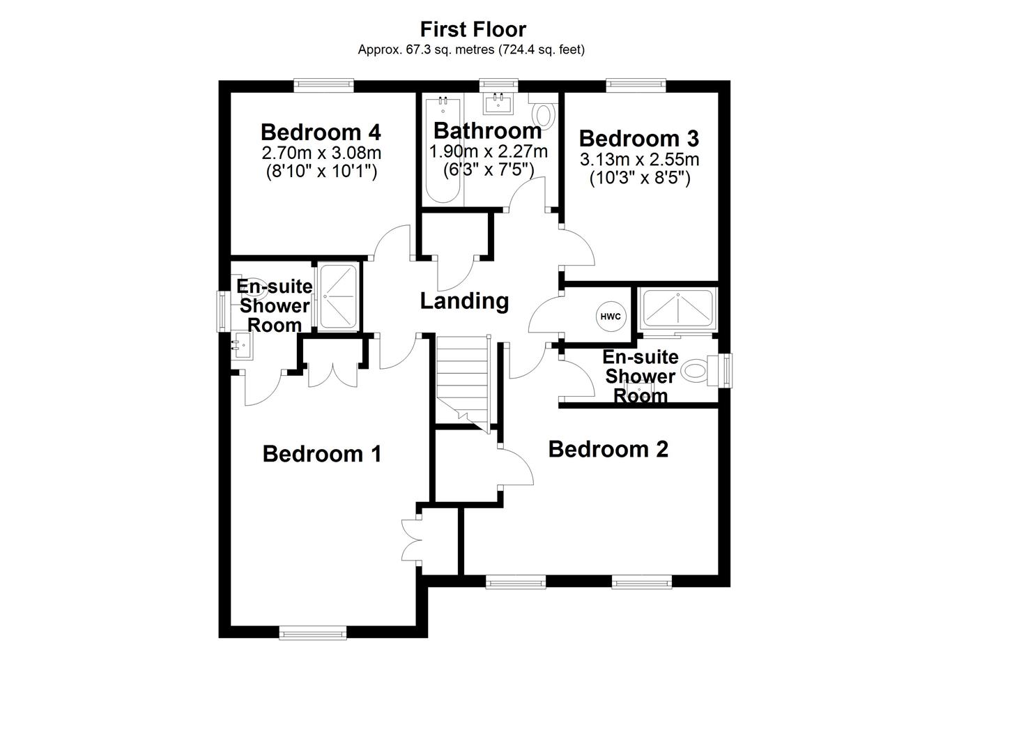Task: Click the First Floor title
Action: pyautogui.click(x=473, y=29)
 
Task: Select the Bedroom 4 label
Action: pyautogui.click(x=321, y=132)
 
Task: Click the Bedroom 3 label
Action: pyautogui.click(x=639, y=138)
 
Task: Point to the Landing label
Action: pyautogui.click(x=464, y=301)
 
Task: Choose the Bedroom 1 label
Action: pyautogui.click(x=322, y=454)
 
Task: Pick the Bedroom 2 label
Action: pyautogui.click(x=608, y=449)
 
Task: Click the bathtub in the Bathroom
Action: pyautogui.click(x=441, y=150)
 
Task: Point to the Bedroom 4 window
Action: pyautogui.click(x=323, y=85)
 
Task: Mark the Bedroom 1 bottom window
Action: pyautogui.click(x=313, y=632)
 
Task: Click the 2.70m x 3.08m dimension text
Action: pyautogui.click(x=321, y=153)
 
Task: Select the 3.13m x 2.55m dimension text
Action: pyautogui.click(x=639, y=160)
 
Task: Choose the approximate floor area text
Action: pyautogui.click(x=471, y=50)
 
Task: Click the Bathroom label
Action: pyautogui.click(x=487, y=130)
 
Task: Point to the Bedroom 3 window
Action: pyautogui.click(x=636, y=85)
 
